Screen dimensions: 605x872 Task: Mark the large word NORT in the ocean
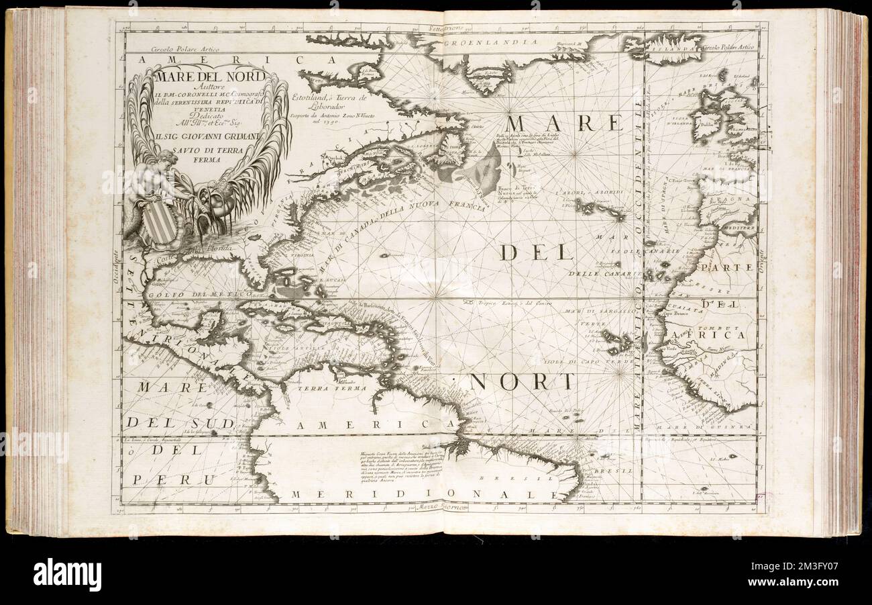pyautogui.click(x=522, y=381)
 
